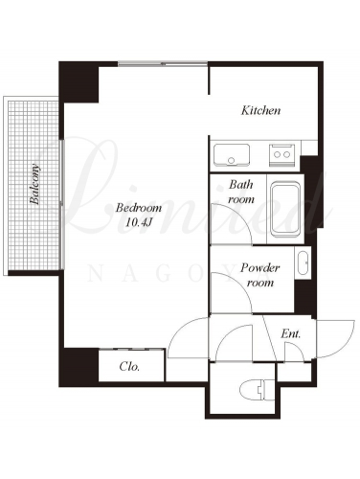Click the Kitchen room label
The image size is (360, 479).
[x=260, y=110]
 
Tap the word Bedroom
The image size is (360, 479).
[x=139, y=208]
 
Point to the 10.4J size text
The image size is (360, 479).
[x=138, y=222]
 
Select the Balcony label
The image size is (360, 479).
[x=34, y=184]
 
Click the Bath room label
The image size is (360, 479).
[x=241, y=192]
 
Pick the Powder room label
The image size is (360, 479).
[x=259, y=275]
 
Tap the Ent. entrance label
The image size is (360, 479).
[x=291, y=334]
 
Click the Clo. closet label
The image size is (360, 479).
[x=129, y=366]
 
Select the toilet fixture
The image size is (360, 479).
[x=258, y=389]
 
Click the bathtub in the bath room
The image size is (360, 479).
[x=285, y=209]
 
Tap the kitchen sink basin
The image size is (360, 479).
[x=232, y=155]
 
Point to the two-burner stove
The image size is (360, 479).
[x=281, y=155]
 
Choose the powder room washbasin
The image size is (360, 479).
[x=303, y=262]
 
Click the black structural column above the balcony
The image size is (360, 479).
[x=79, y=81]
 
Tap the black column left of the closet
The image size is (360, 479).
[x=79, y=367]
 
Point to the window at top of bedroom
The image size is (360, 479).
[x=163, y=64]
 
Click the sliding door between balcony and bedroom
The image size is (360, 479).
[x=62, y=204]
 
